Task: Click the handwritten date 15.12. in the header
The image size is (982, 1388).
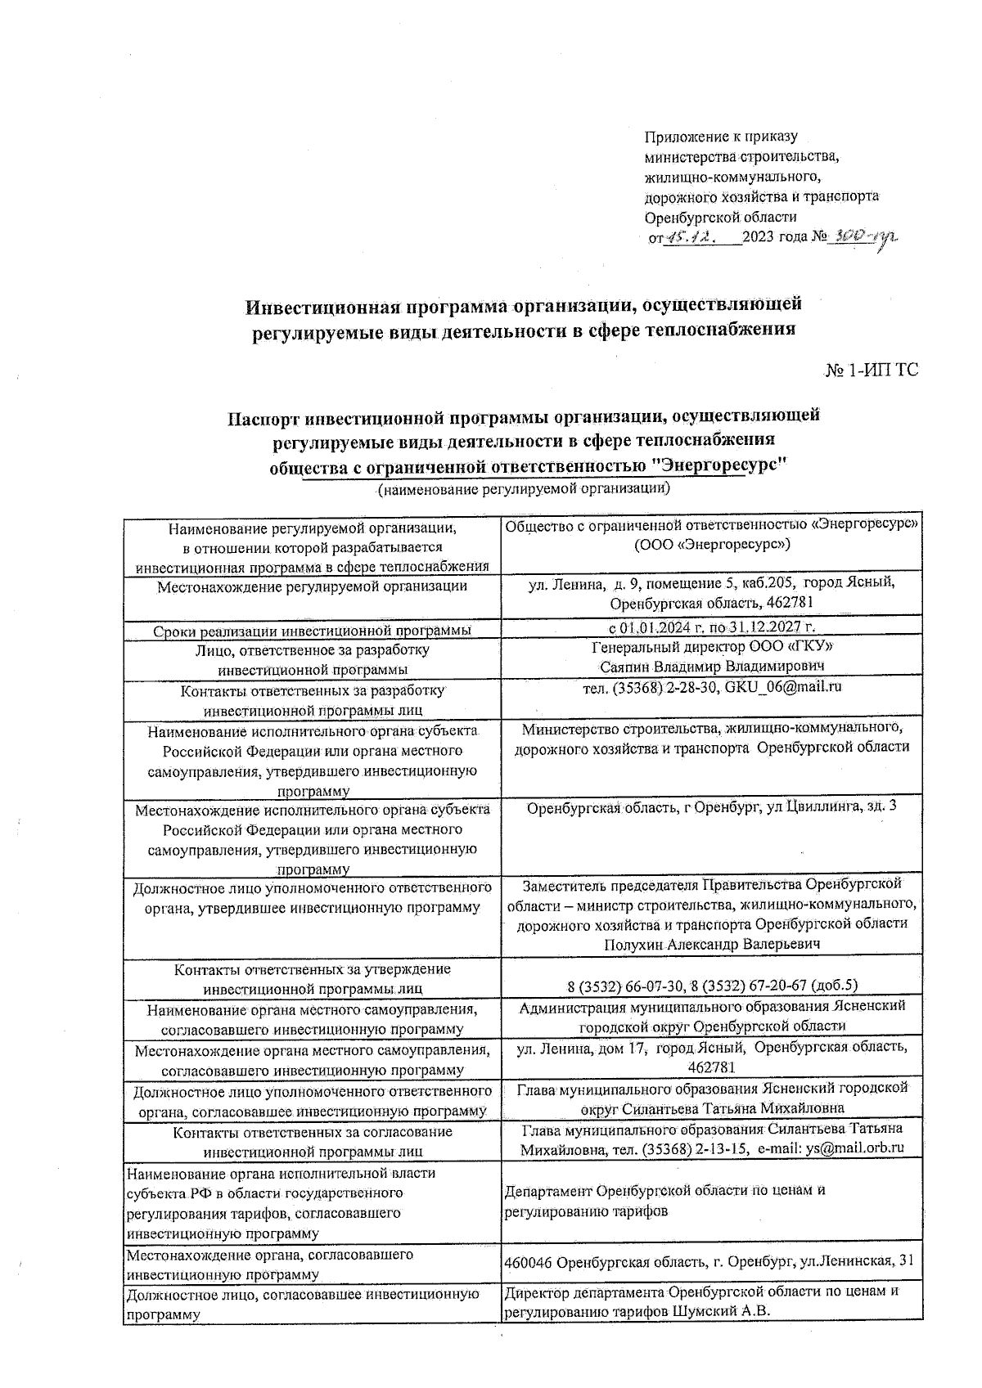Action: pos(691,239)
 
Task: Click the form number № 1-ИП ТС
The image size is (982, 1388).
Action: pos(871,371)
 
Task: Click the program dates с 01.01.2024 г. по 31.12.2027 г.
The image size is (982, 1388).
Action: pos(712,628)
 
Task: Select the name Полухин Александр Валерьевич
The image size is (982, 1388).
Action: pos(712,945)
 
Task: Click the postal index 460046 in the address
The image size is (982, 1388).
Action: pos(529,1285)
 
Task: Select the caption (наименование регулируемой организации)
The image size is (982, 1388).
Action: pos(525,490)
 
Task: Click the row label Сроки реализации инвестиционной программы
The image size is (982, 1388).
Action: pos(313,631)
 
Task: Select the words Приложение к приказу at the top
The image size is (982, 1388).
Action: pos(721,137)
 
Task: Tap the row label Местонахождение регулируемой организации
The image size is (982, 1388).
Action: pos(313,586)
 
